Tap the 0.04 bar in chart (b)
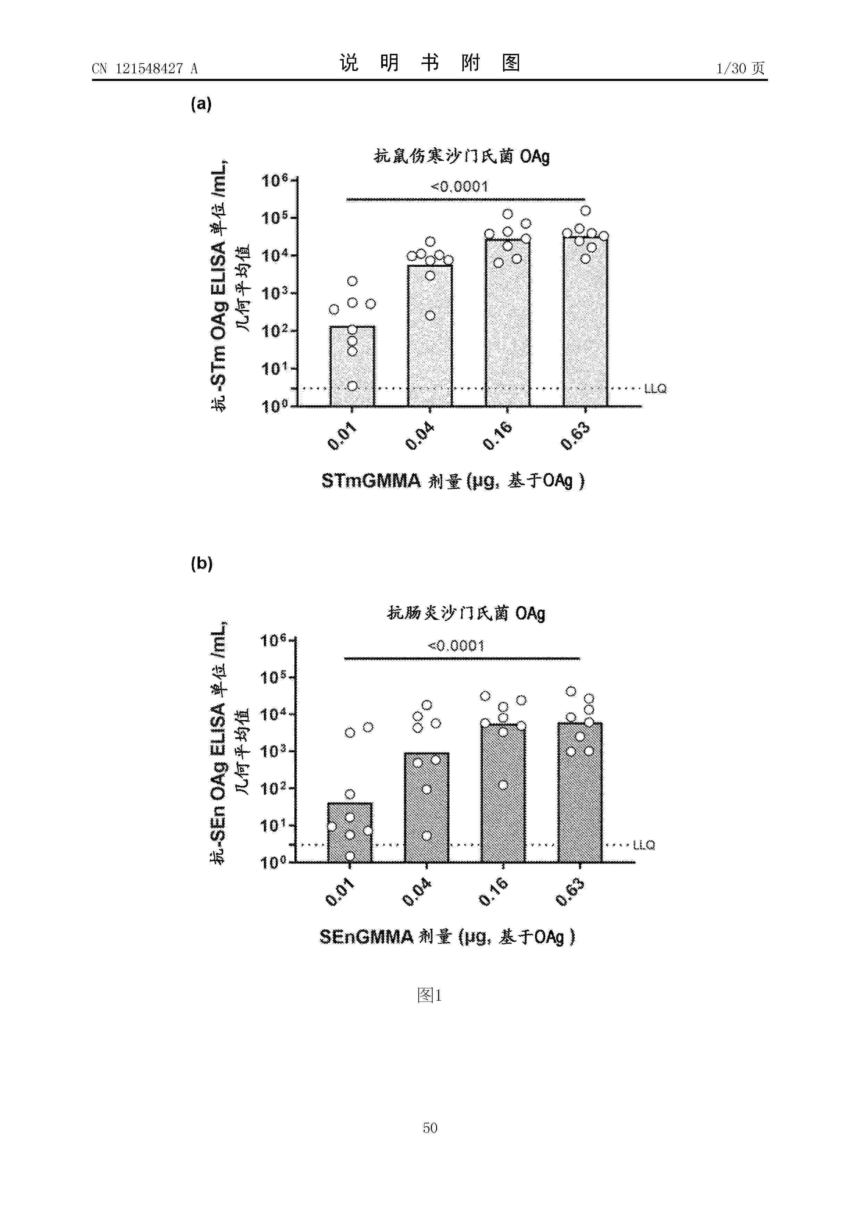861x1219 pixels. (427, 807)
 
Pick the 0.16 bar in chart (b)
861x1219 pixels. (503, 793)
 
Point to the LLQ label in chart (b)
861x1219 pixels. (644, 845)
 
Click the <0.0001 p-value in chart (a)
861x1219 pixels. (459, 186)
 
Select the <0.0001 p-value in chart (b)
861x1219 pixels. (456, 646)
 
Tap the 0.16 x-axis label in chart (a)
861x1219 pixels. (498, 436)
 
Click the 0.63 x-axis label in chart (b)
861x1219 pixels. (570, 892)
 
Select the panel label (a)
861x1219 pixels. (201, 104)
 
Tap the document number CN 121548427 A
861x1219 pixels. (145, 68)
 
